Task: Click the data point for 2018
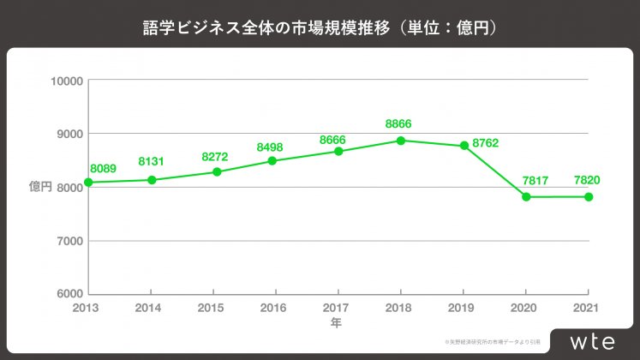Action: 401,141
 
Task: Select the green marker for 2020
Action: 526,196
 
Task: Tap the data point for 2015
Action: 217,172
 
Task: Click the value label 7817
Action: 526,180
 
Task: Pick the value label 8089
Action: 103,170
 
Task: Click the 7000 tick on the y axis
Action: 69,241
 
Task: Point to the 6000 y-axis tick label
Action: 69,294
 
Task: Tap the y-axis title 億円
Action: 41,187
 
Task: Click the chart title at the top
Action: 320,27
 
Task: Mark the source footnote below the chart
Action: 489,342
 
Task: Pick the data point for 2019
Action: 464,146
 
